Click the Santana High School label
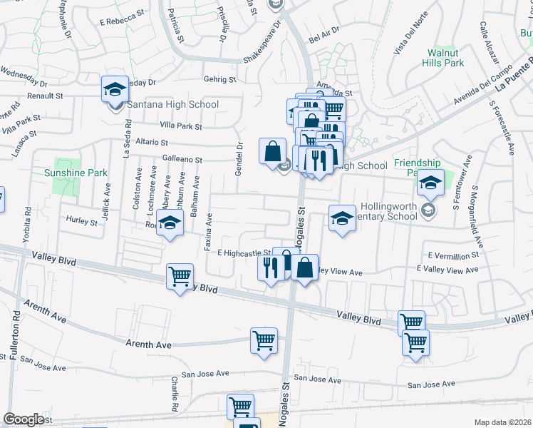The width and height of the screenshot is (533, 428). click(x=172, y=105)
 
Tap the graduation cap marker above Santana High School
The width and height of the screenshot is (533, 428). click(x=115, y=90)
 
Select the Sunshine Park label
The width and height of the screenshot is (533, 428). click(x=76, y=173)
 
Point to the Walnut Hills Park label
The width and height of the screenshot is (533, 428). click(x=445, y=58)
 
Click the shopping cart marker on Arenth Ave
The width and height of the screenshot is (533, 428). click(x=264, y=341)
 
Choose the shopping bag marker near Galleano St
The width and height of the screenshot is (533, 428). click(x=272, y=152)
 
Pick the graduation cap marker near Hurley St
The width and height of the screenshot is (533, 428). click(x=170, y=225)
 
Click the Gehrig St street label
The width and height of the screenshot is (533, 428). click(x=219, y=80)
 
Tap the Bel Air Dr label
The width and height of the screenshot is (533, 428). click(x=324, y=34)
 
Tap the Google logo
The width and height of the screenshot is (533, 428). click(x=24, y=419)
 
